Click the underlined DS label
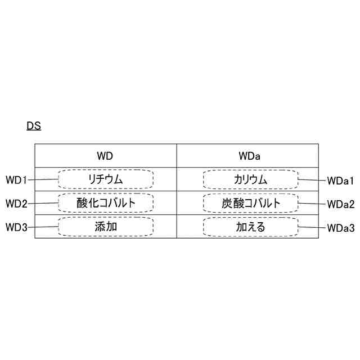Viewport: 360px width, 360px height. click(34, 126)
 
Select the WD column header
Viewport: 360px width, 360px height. click(106, 155)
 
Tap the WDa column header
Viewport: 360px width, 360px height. click(248, 155)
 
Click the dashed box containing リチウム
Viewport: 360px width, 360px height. click(106, 179)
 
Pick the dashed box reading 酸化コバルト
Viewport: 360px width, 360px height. click(106, 202)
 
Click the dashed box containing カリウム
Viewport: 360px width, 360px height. click(250, 179)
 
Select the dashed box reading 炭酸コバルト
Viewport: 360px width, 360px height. click(250, 202)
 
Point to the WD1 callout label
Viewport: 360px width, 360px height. click(16, 180)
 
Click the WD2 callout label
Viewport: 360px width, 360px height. click(16, 203)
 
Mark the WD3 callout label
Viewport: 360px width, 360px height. click(16, 227)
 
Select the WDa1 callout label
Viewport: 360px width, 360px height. click(340, 181)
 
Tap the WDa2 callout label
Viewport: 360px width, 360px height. click(340, 204)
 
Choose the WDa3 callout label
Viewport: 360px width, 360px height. click(340, 228)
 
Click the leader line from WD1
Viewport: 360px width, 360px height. click(43, 179)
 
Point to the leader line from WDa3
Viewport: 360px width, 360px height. click(312, 227)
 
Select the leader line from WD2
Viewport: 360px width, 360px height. click(43, 202)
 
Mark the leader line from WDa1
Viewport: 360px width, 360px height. click(312, 180)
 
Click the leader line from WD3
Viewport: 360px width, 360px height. click(43, 227)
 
